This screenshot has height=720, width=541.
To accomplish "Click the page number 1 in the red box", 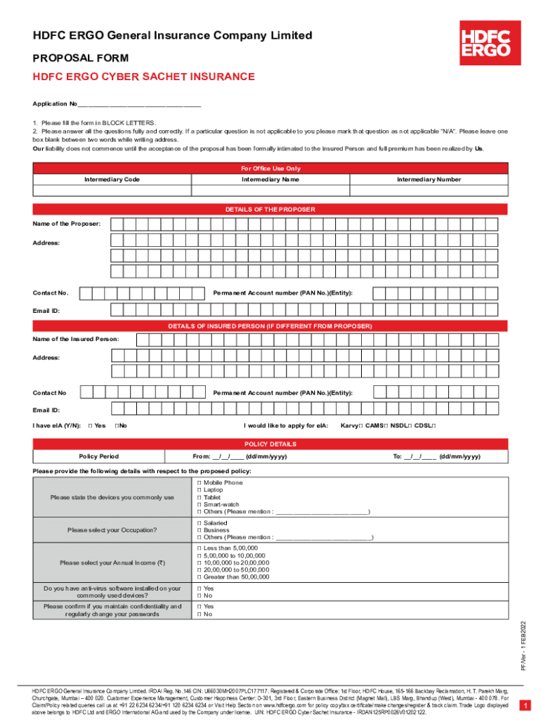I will point(523,705).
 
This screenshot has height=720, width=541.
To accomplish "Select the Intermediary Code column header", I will point(112,180).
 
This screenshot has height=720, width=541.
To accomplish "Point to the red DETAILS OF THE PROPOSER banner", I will point(270,210).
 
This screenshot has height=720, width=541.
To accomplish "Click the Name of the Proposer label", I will point(67,224).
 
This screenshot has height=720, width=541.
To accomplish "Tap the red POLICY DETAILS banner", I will point(270,444).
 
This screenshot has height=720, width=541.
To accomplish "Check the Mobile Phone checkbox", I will point(200,483).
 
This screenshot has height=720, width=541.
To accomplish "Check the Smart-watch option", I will point(200,504).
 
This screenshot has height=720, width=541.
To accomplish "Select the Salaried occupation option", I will point(200,523).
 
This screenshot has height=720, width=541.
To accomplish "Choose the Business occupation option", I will point(200,530).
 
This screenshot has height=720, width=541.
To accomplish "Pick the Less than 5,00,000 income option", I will point(200,548).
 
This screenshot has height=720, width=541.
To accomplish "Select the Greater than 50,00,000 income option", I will point(200,577).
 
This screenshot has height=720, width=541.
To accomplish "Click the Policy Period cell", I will point(99,456).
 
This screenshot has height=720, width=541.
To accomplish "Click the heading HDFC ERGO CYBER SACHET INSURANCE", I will point(144,77).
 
